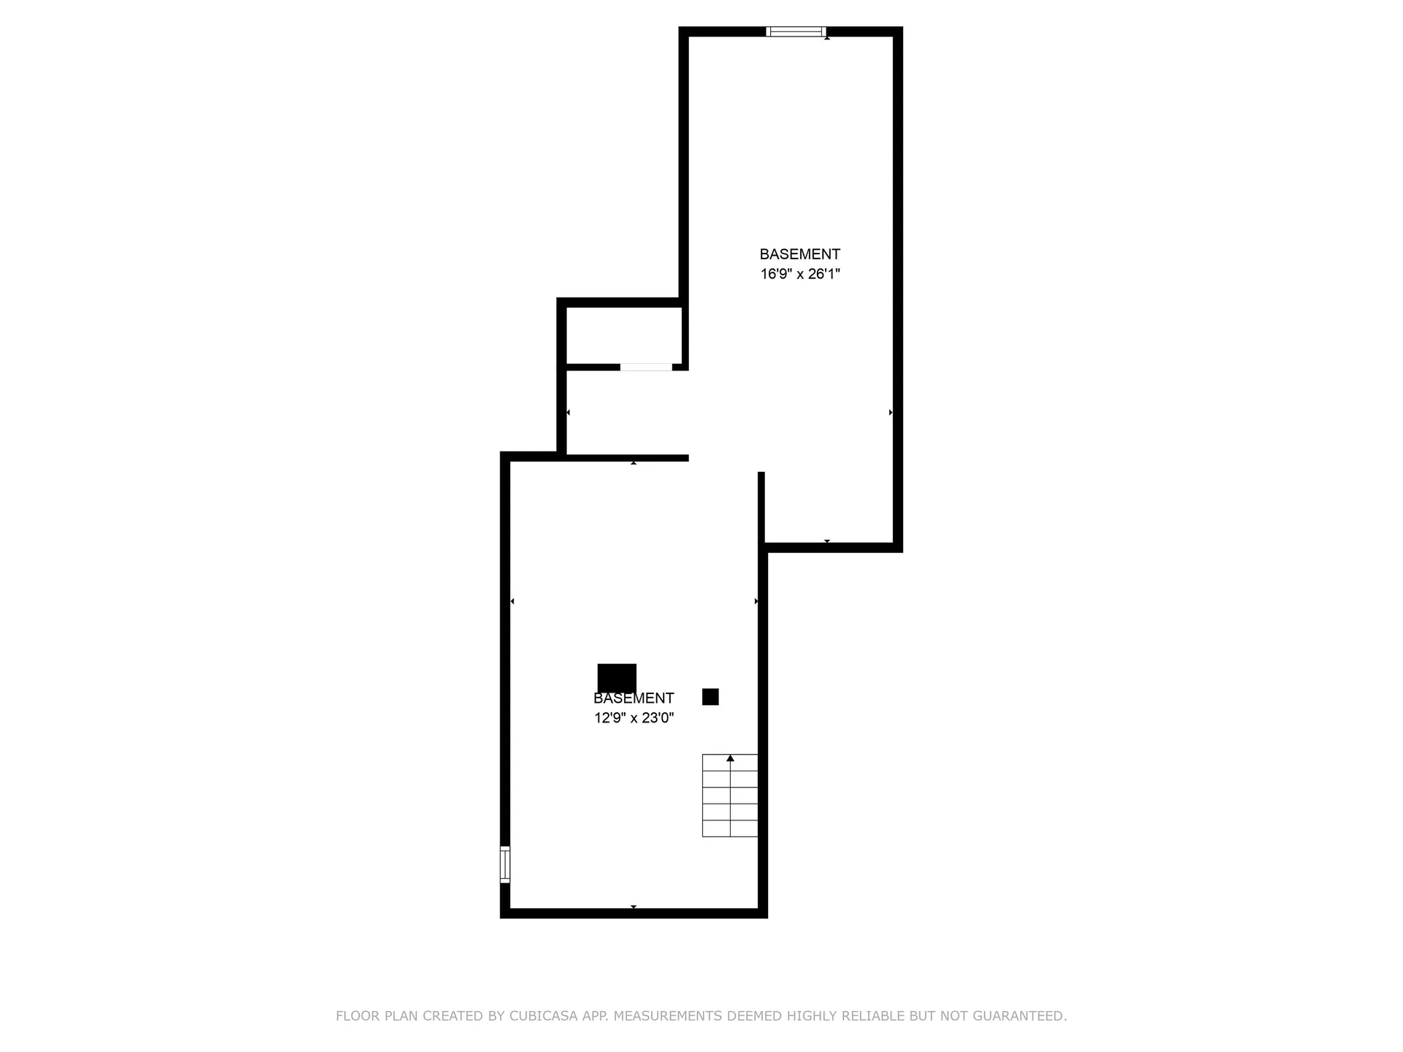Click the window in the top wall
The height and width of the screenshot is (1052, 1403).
(796, 31)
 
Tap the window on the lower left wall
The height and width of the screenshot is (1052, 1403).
(505, 864)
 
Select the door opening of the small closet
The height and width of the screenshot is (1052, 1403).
(646, 367)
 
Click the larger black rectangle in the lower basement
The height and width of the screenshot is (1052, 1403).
(617, 678)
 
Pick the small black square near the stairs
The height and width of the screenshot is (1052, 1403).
(710, 697)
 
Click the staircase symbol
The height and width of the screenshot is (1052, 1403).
(730, 796)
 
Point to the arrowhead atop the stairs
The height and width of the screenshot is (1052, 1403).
(730, 758)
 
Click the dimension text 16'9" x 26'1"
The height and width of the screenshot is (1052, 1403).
(800, 274)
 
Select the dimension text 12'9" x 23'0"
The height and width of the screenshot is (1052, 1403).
(634, 718)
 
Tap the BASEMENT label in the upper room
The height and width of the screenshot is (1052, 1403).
(800, 254)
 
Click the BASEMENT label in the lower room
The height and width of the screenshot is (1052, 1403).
(634, 698)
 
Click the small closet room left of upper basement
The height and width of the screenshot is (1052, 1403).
(624, 335)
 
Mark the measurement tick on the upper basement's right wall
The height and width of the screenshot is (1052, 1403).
(891, 413)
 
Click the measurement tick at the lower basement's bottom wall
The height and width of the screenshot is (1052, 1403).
(634, 907)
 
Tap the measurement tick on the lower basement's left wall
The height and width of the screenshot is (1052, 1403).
(512, 601)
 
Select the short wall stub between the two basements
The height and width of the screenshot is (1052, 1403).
(761, 508)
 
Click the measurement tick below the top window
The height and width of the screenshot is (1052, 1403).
(827, 38)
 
